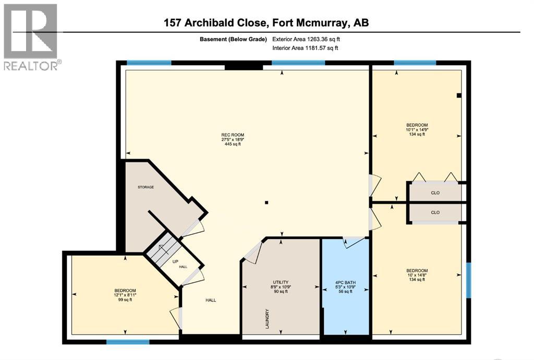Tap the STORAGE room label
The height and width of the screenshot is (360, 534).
click(x=145, y=187)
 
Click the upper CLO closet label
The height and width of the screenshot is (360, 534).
click(x=435, y=193)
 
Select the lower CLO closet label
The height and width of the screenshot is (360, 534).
click(x=435, y=212)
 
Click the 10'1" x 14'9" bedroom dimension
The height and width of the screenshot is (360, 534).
click(x=417, y=129)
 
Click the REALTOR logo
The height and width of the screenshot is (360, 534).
click(x=31, y=37)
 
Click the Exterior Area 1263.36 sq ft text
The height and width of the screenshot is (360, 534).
click(x=306, y=39)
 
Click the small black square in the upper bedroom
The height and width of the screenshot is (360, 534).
click(x=458, y=95)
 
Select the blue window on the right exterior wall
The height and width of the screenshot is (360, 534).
click(x=468, y=280)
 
